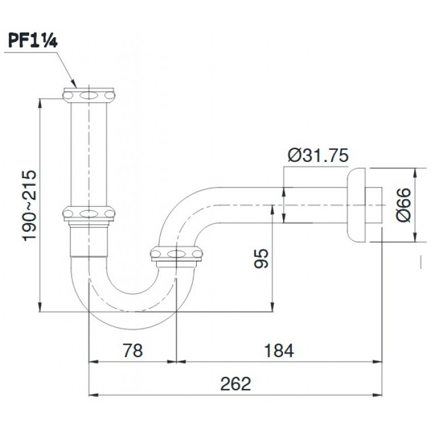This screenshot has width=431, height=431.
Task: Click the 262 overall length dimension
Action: [x=235, y=384]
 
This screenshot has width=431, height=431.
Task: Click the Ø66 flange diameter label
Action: [x=402, y=206]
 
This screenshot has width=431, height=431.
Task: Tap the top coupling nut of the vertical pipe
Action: [x=89, y=95]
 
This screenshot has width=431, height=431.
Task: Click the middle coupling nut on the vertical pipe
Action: [x=89, y=214]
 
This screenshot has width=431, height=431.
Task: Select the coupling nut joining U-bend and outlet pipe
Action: [x=176, y=253]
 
